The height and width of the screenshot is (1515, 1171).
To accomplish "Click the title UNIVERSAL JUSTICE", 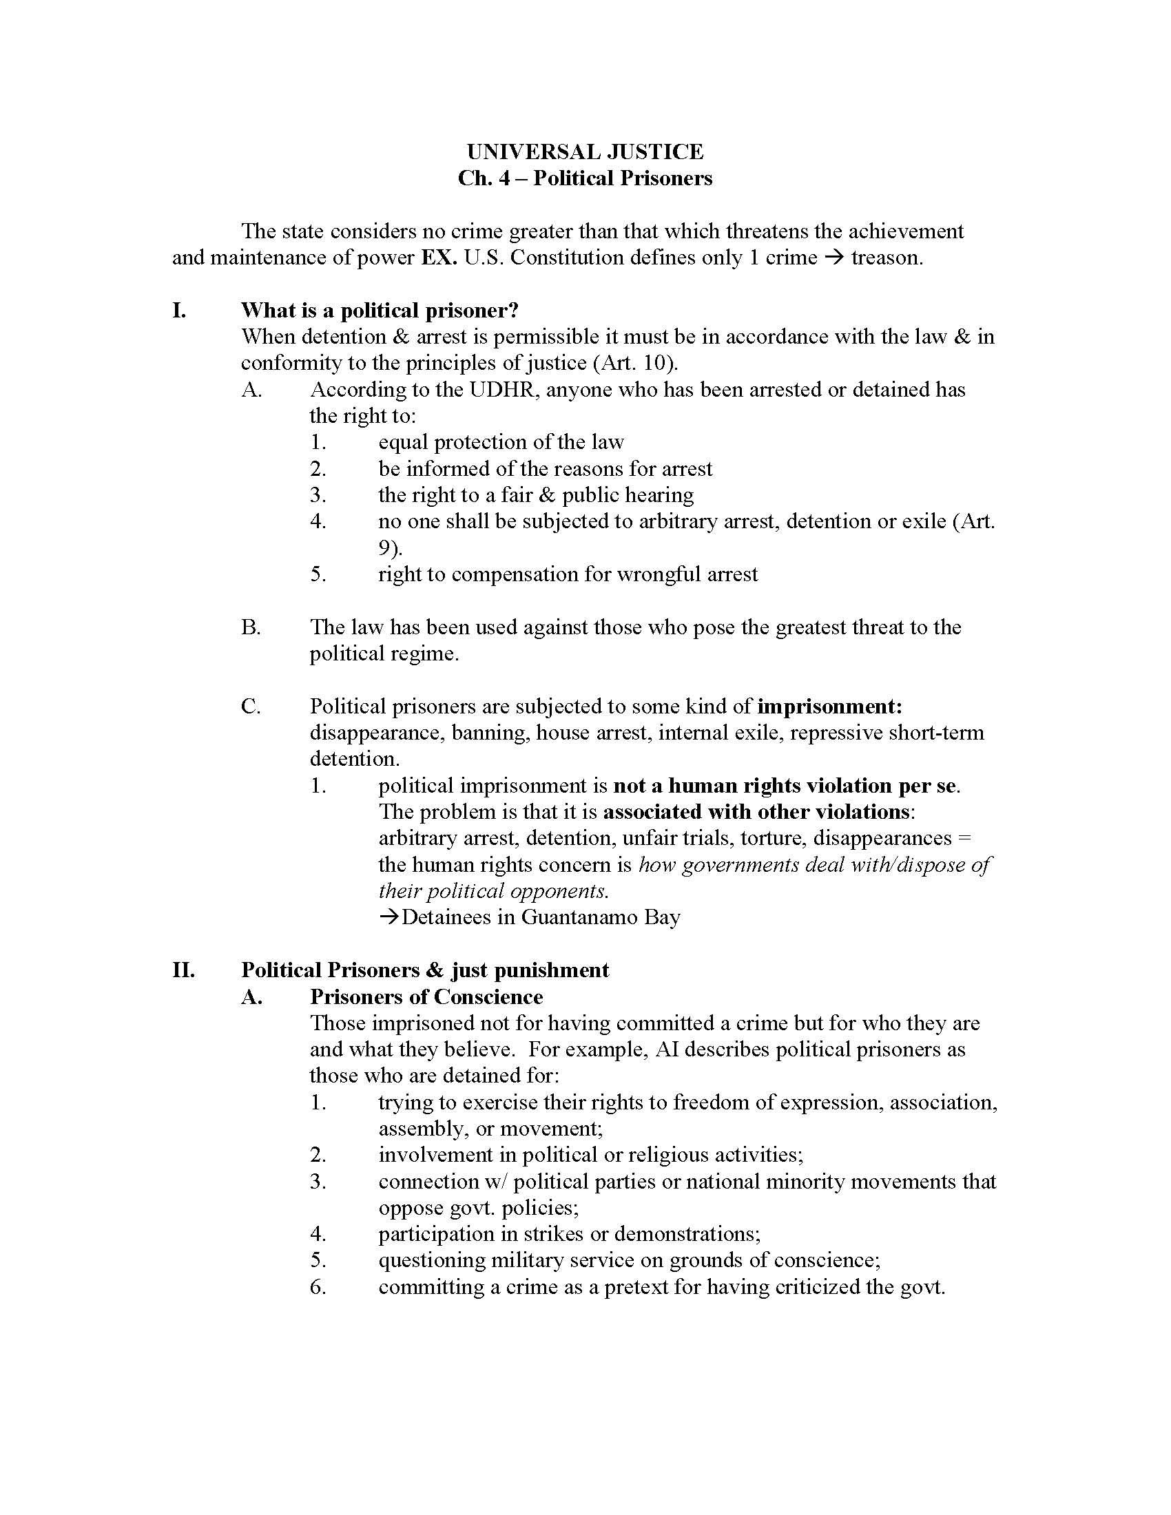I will click(585, 152).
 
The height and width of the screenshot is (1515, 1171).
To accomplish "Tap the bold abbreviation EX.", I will click(438, 258).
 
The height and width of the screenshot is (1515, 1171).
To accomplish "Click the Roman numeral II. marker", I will click(184, 970).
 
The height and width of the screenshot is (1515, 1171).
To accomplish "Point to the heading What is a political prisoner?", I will click(380, 310).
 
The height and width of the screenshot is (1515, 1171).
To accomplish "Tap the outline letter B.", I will click(251, 627).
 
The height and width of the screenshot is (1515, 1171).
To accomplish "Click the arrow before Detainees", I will click(389, 917).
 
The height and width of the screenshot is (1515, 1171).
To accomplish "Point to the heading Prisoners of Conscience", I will click(426, 997).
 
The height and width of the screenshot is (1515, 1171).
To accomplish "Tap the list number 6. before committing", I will click(318, 1287).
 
